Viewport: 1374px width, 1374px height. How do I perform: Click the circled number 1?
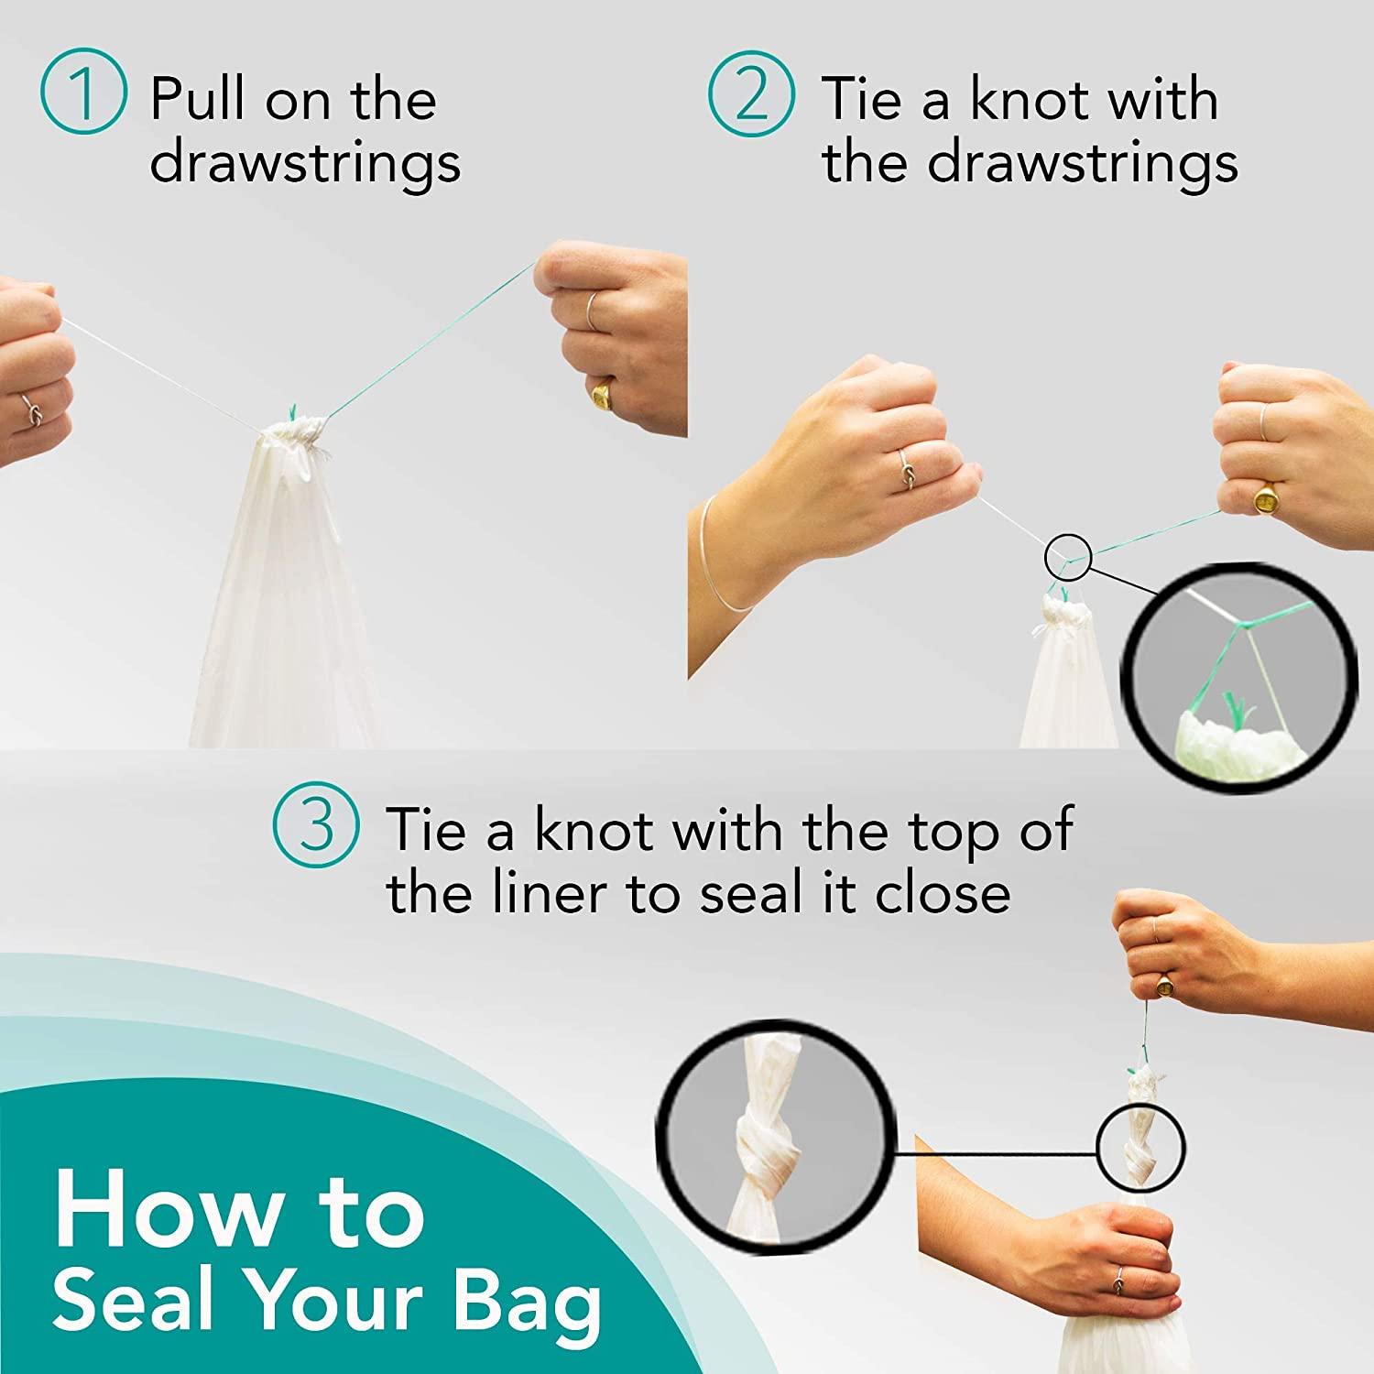(x=82, y=96)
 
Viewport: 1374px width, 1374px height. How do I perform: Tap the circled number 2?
(x=751, y=96)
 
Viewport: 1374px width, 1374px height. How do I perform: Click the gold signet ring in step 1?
(x=603, y=394)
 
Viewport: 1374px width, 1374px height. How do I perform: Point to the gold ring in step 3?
(x=1165, y=987)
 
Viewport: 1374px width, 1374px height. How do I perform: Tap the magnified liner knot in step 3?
(x=774, y=1132)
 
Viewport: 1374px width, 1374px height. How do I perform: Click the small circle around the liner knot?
(x=1140, y=1147)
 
